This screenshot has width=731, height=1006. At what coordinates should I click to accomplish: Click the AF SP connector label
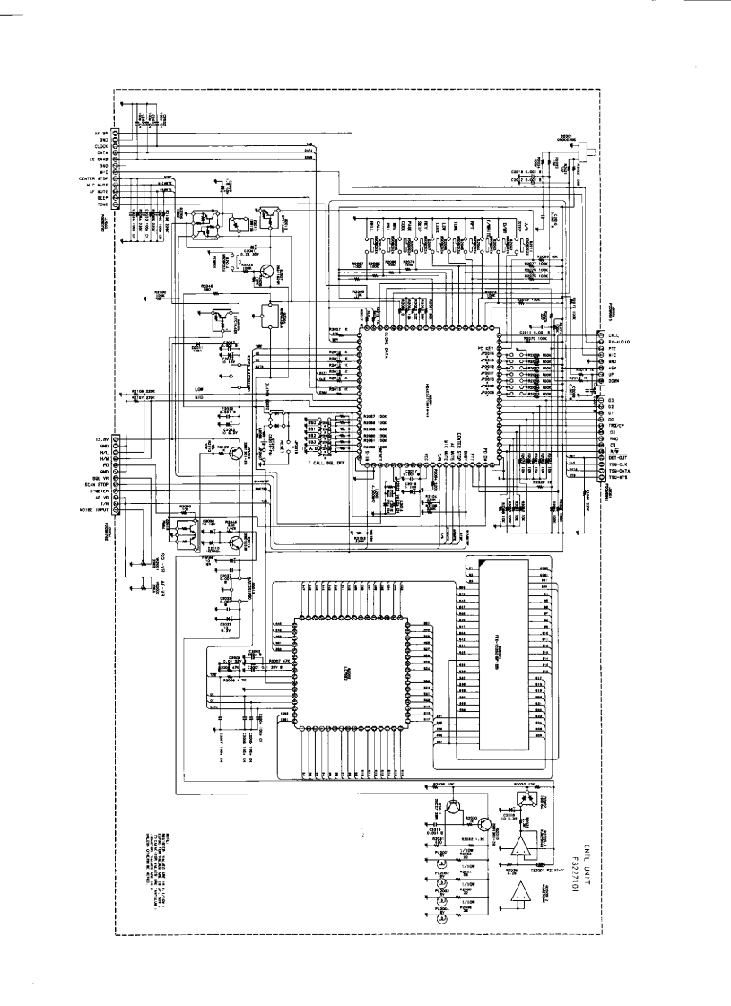click(102, 134)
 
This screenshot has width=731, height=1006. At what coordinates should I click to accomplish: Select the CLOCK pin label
click(103, 146)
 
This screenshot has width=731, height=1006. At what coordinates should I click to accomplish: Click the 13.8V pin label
click(102, 439)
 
